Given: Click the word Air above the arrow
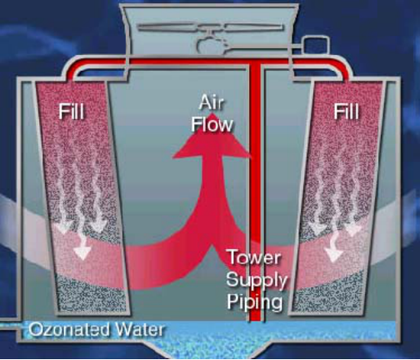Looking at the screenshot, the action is (211, 102).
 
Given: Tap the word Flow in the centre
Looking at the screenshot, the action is (212, 124).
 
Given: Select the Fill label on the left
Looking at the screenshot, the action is (71, 112).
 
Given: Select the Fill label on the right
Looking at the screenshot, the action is (346, 112).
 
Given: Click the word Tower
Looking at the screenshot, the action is (254, 257).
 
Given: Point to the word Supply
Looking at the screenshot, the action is (257, 280).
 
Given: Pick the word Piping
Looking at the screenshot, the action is (255, 302).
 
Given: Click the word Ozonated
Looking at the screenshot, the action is (70, 330).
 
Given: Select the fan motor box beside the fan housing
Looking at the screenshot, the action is (316, 46).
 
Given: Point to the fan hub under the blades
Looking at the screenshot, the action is (211, 45).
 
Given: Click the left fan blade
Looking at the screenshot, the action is (168, 27).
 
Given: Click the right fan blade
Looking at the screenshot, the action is (254, 27).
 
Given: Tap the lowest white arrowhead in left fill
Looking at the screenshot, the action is (82, 252).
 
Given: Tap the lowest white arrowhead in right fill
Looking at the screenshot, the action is (332, 254).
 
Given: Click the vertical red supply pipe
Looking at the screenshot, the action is (256, 192).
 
